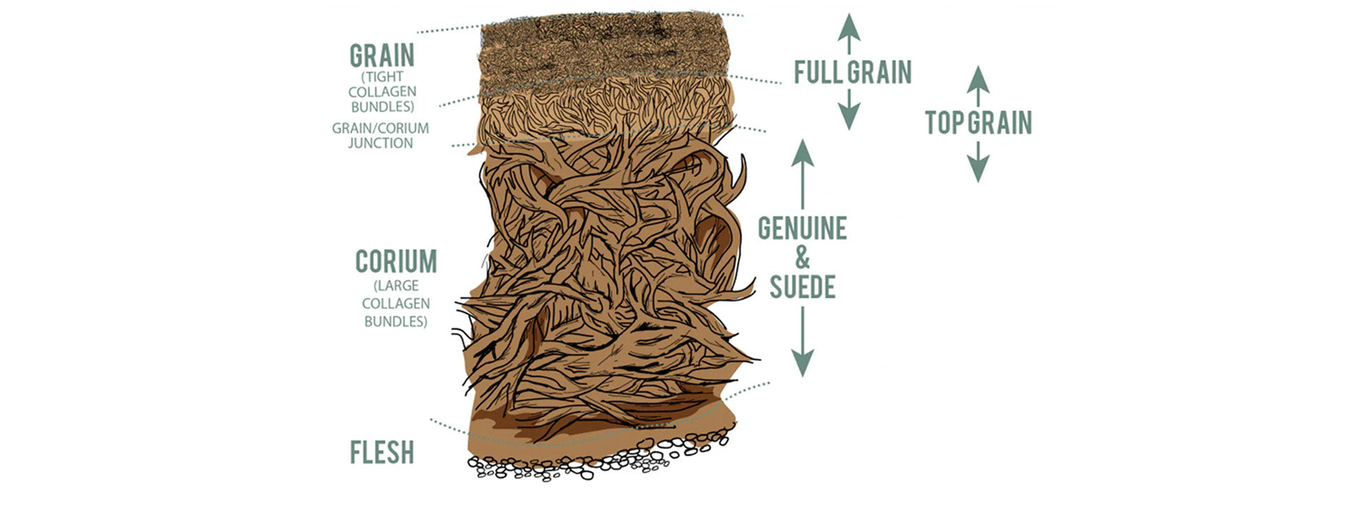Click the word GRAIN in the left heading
tap(382, 55)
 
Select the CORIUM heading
tap(396, 262)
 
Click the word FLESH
tap(382, 452)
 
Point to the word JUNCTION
tap(381, 143)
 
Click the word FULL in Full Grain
tap(819, 72)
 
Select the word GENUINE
tap(803, 228)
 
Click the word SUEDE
tap(803, 286)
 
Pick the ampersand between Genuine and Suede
tap(803, 257)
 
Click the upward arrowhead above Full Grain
tap(850, 26)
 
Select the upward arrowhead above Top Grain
tap(977, 79)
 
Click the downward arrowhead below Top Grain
tap(977, 169)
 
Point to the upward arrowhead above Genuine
tap(802, 152)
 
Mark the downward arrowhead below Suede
tap(802, 363)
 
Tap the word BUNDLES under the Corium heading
tap(396, 321)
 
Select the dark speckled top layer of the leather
tap(604, 46)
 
